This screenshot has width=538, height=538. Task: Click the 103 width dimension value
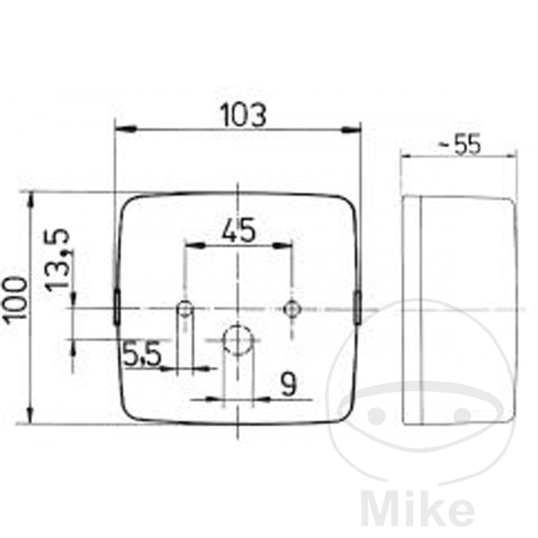pyautogui.click(x=243, y=115)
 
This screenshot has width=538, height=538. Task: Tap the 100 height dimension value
pyautogui.click(x=15, y=299)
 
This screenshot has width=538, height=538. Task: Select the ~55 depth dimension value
pyautogui.click(x=460, y=144)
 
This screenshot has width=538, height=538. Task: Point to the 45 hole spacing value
pyautogui.click(x=238, y=230)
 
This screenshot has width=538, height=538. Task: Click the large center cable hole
pyautogui.click(x=238, y=340)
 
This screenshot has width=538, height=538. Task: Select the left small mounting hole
pyautogui.click(x=185, y=308)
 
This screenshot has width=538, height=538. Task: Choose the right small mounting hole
pyautogui.click(x=292, y=308)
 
